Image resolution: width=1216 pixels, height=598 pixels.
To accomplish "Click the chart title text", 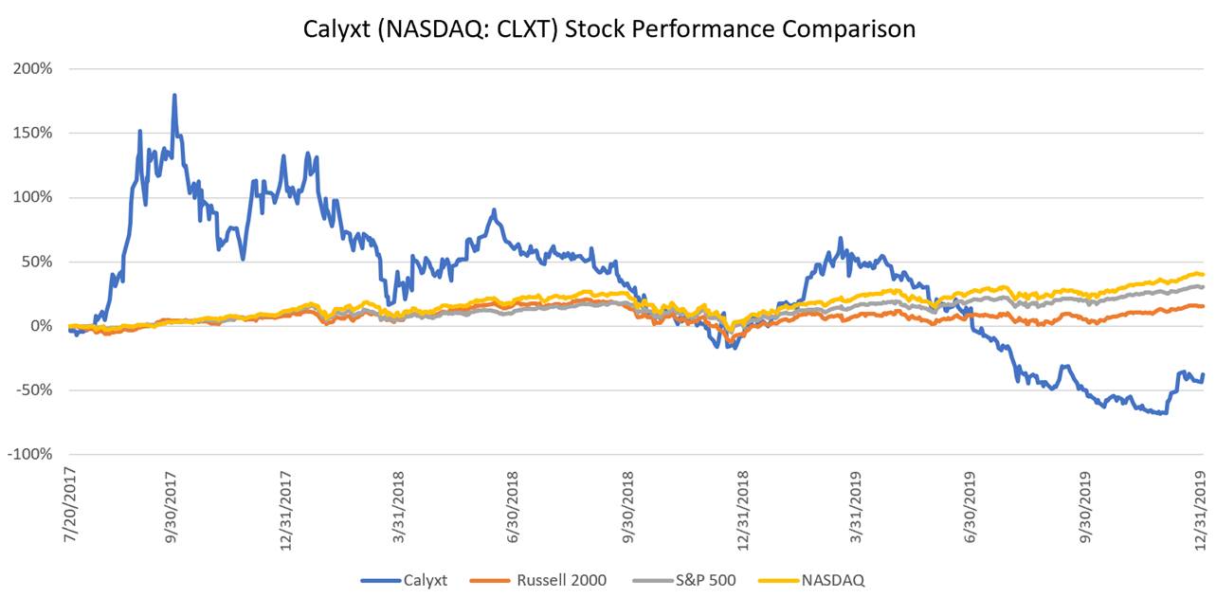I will pyautogui.click(x=609, y=28).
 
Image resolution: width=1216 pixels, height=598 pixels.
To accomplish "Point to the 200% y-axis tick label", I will pyautogui.click(x=32, y=69).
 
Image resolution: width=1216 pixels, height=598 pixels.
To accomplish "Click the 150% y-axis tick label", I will pyautogui.click(x=32, y=133).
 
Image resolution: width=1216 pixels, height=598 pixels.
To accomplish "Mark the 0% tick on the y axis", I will pyautogui.click(x=41, y=326).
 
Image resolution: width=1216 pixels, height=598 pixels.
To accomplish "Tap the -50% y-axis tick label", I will pyautogui.click(x=32, y=390).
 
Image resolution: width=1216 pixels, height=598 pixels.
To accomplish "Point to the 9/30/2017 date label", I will pyautogui.click(x=172, y=501).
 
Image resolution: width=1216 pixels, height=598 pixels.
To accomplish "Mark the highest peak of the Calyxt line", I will pyautogui.click(x=174, y=95).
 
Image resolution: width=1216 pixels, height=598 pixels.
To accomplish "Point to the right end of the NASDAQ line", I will pyautogui.click(x=1204, y=275).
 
